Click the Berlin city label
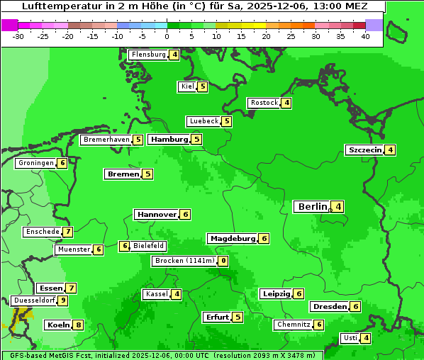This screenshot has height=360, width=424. (312, 207)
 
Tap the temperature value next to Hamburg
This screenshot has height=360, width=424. (196, 139)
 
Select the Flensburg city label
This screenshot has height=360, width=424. (148, 55)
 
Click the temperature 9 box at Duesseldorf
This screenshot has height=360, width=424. (63, 300)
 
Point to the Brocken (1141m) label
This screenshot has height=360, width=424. (184, 261)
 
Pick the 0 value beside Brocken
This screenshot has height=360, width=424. (223, 261)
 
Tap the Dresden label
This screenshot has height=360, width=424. (329, 307)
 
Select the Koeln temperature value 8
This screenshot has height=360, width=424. (79, 325)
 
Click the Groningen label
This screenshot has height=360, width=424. (36, 163)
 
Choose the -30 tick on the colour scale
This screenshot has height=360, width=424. (18, 36)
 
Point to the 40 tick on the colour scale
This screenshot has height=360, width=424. (365, 36)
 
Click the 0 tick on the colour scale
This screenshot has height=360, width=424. (167, 36)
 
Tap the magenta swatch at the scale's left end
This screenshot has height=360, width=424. (9, 25)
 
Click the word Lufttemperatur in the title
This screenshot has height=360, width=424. (55, 6)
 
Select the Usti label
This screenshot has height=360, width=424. (350, 338)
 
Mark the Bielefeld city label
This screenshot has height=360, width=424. (149, 246)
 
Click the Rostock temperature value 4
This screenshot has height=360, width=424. (286, 103)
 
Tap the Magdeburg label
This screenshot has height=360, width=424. (232, 239)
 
